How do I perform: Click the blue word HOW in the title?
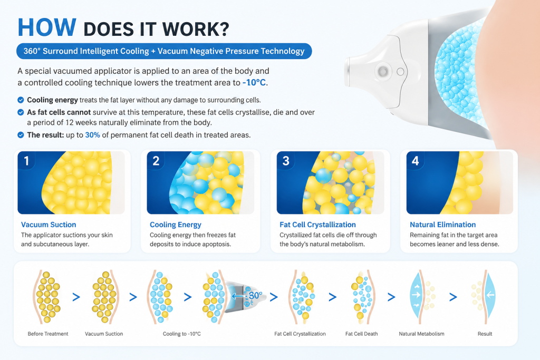(47, 27)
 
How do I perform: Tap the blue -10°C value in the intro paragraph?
(254, 83)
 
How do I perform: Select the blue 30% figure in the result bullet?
(92, 135)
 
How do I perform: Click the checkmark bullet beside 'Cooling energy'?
(21, 100)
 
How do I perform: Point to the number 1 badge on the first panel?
(26, 161)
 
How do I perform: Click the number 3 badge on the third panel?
(286, 161)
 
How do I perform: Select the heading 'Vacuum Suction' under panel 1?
(49, 225)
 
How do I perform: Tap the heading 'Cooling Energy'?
(175, 225)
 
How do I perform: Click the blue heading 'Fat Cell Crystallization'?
(317, 225)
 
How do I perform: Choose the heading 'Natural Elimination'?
(442, 225)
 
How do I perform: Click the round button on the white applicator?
(383, 72)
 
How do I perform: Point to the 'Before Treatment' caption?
(48, 334)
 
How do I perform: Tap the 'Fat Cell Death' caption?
(362, 334)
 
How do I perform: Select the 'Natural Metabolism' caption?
(421, 334)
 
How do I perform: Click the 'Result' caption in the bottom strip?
(485, 334)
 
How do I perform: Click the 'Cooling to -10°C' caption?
(182, 334)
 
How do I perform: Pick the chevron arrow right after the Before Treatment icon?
(76, 297)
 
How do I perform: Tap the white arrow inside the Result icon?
(491, 295)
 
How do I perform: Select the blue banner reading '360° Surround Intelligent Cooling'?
(164, 51)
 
